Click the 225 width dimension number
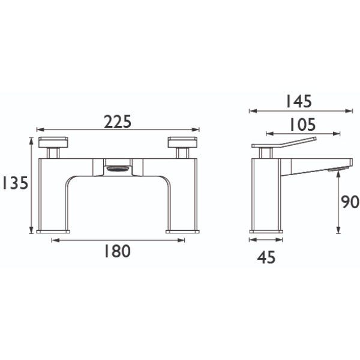point(118,122)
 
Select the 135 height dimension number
point(15,183)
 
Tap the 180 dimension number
point(118,251)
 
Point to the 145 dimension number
point(299,101)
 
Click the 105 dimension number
point(303,125)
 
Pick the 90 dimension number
point(350,202)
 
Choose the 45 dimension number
point(266,257)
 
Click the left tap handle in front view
point(53,142)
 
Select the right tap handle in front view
point(182,142)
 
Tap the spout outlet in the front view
point(118,169)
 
